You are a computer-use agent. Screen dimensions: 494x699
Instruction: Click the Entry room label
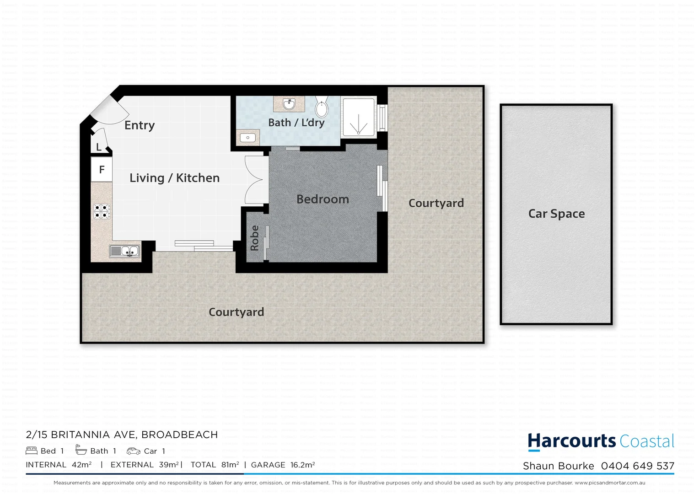(140, 125)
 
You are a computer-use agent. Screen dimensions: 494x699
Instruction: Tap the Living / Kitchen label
(174, 178)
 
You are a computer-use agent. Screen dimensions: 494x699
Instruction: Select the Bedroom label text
(323, 199)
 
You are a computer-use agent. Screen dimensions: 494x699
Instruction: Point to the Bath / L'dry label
(296, 123)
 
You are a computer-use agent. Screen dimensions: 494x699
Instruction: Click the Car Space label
(556, 214)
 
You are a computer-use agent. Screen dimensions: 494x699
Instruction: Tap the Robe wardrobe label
(254, 238)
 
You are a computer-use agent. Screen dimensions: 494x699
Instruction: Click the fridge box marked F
(102, 170)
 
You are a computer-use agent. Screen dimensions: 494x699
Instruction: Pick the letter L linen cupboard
(99, 147)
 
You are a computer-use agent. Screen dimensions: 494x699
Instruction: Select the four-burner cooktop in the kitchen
(102, 211)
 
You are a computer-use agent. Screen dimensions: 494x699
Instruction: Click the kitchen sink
(124, 251)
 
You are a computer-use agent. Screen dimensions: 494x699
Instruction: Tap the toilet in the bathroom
(322, 108)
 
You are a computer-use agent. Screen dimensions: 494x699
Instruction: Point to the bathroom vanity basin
(289, 104)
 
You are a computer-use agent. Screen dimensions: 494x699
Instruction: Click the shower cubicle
(359, 118)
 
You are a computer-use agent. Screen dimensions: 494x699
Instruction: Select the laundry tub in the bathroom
(247, 137)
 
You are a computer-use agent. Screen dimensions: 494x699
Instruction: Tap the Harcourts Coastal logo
(601, 441)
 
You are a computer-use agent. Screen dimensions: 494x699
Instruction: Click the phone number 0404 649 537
(637, 466)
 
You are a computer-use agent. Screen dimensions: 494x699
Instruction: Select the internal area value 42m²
(82, 465)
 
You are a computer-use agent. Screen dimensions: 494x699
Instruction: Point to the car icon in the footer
(133, 451)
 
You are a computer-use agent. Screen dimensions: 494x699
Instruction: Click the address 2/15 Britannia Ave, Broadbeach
(122, 435)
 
